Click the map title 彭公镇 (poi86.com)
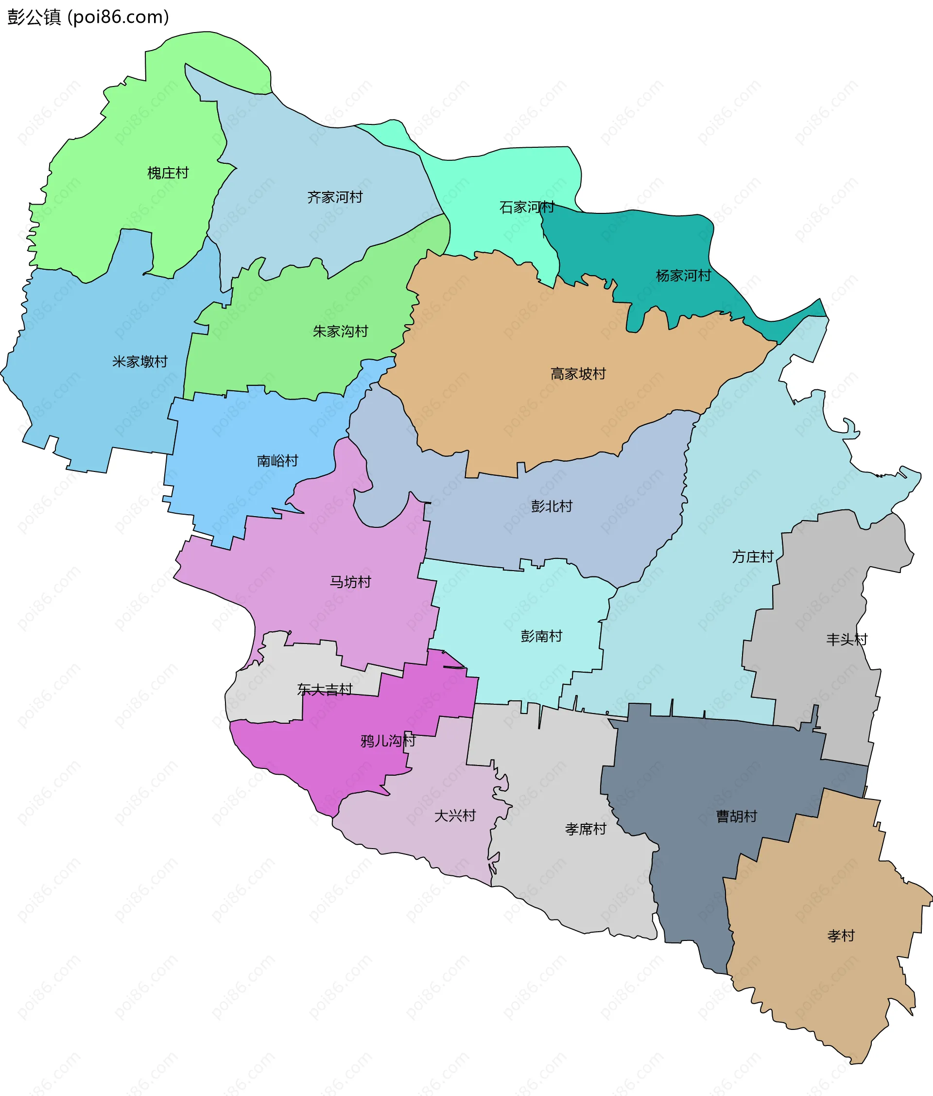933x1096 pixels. pyautogui.click(x=88, y=17)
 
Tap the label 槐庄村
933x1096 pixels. pyautogui.click(x=168, y=173)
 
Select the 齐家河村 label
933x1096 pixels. pyautogui.click(x=335, y=197)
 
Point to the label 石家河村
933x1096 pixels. pyautogui.click(x=527, y=207)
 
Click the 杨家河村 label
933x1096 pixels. pyautogui.click(x=683, y=276)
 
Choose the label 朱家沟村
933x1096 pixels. pyautogui.click(x=340, y=331)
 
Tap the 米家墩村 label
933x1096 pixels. pyautogui.click(x=139, y=362)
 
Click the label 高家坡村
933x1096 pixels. pyautogui.click(x=578, y=374)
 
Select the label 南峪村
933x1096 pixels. pyautogui.click(x=277, y=461)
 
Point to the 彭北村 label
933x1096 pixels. pyautogui.click(x=552, y=506)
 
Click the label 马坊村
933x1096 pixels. pyautogui.click(x=350, y=582)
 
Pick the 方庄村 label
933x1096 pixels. pyautogui.click(x=753, y=557)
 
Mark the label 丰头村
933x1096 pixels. pyautogui.click(x=847, y=640)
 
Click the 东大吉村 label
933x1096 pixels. pyautogui.click(x=324, y=689)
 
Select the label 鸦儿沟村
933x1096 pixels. pyautogui.click(x=388, y=741)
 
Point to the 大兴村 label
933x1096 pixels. pyautogui.click(x=455, y=816)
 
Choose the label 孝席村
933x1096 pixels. pyautogui.click(x=585, y=829)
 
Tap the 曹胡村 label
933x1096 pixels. pyautogui.click(x=736, y=816)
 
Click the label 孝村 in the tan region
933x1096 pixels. pyautogui.click(x=841, y=936)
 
